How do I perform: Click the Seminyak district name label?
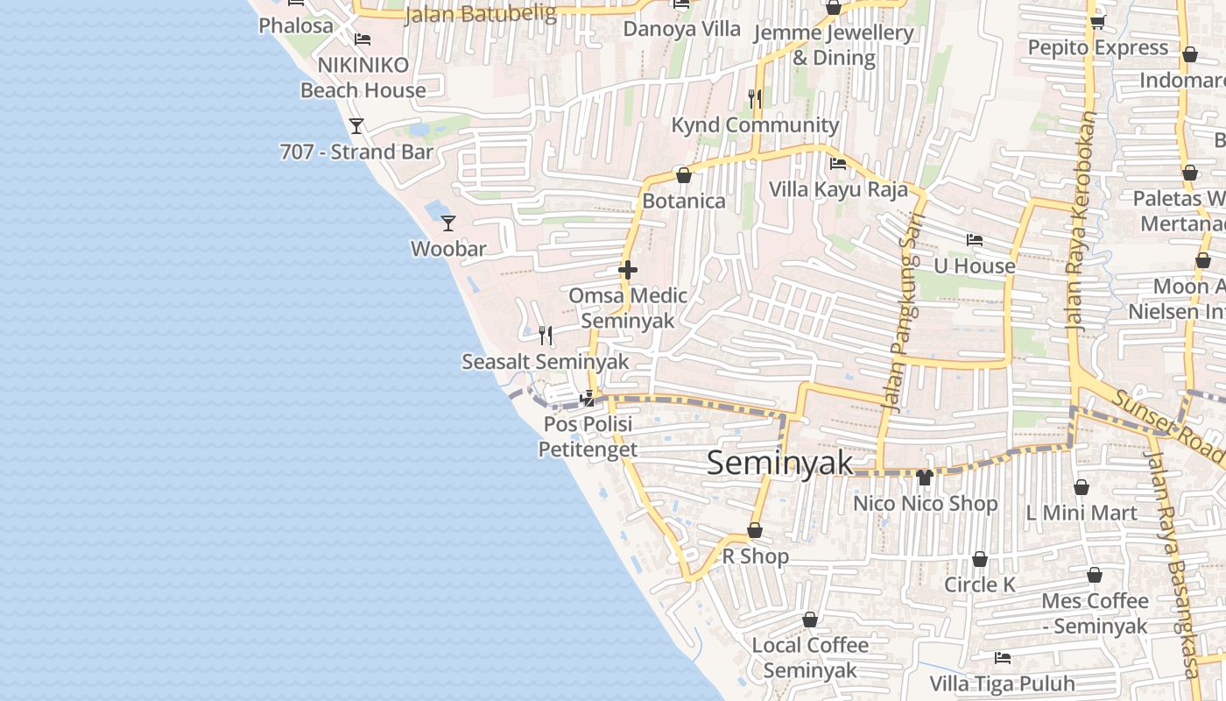[x=779, y=463]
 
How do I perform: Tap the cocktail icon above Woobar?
[x=448, y=223]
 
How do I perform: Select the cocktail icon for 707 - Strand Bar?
[x=356, y=126]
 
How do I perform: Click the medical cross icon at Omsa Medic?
[x=628, y=270]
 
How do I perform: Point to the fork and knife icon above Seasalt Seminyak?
[x=546, y=335]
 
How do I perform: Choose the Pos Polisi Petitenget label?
[x=588, y=436]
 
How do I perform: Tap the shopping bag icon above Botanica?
[x=684, y=175]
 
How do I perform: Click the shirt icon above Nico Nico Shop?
[x=924, y=478]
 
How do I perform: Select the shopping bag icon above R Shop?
[x=755, y=530]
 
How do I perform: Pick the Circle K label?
[x=980, y=584]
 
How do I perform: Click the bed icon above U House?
[x=975, y=240]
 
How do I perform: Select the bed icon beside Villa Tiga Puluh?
[x=1003, y=657]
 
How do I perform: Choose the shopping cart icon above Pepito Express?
[x=1097, y=22]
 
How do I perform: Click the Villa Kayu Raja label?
[x=838, y=189]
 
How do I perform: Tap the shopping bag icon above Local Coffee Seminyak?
[x=810, y=620]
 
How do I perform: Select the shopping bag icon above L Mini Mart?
[x=1082, y=487]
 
